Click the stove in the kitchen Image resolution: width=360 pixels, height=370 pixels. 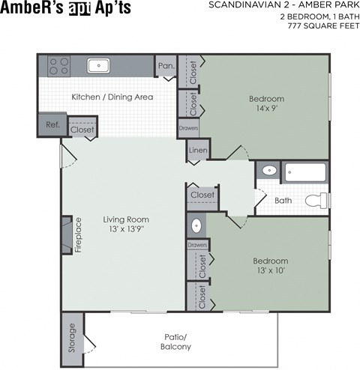[58, 67]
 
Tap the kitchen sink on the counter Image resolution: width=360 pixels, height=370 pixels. [98, 66]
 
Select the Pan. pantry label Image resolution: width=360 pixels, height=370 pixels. [166, 66]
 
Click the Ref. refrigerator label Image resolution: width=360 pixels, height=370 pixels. [52, 125]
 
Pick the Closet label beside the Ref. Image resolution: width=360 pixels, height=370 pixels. [82, 130]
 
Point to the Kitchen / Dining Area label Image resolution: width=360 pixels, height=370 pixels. [112, 97]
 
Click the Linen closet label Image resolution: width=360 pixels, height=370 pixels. [197, 151]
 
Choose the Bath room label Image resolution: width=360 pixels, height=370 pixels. [283, 201]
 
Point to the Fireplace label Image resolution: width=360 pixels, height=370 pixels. [77, 236]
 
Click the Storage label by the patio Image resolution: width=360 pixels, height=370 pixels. [71, 339]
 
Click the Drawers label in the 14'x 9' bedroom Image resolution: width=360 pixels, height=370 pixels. [188, 128]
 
